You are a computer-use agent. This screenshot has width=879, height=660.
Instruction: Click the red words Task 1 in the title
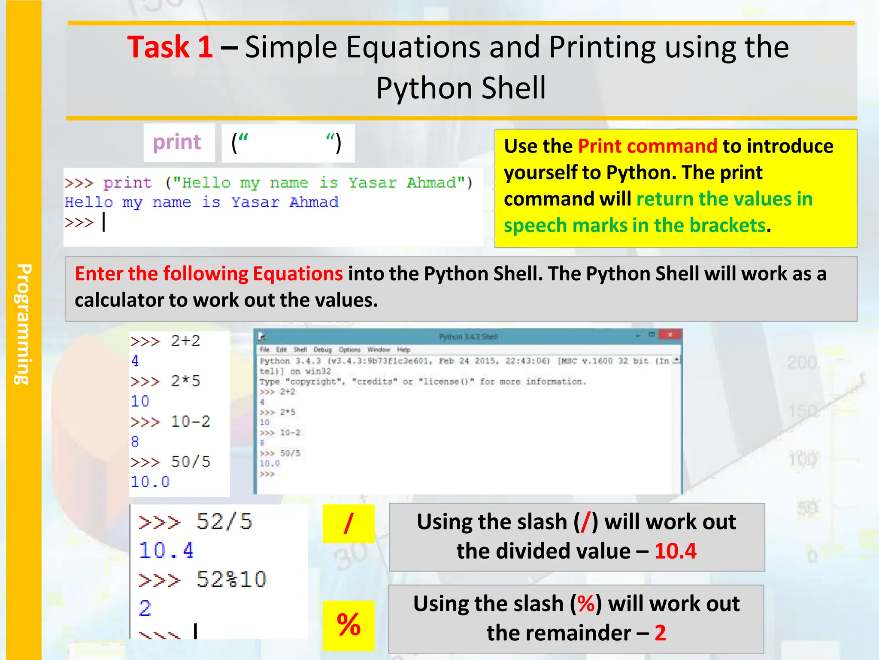(170, 47)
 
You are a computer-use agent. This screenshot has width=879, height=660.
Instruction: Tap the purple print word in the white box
(177, 142)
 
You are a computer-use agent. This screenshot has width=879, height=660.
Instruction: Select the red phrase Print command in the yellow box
(647, 146)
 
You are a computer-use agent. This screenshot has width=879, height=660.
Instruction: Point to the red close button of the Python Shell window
(670, 334)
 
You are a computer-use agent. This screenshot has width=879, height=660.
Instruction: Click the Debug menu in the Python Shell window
(322, 350)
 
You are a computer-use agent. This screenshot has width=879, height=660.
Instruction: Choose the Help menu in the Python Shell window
(403, 350)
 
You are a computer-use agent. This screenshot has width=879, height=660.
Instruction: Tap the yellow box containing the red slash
(349, 523)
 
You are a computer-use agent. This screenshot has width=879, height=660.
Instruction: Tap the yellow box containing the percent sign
(349, 625)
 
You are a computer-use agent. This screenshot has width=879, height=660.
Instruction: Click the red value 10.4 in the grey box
(675, 551)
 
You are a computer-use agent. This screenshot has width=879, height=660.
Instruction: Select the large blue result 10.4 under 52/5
(167, 550)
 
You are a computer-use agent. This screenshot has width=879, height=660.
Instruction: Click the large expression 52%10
(231, 580)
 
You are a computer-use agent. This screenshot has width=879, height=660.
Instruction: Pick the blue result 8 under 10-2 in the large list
(135, 441)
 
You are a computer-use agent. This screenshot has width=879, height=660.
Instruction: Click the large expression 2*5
(185, 381)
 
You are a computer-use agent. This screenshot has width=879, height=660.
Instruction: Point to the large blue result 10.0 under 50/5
(150, 482)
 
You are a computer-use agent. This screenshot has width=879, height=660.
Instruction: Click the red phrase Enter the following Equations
(209, 274)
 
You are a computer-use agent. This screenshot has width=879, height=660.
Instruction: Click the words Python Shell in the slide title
(461, 88)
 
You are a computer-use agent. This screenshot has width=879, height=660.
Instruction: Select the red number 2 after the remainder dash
(660, 633)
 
